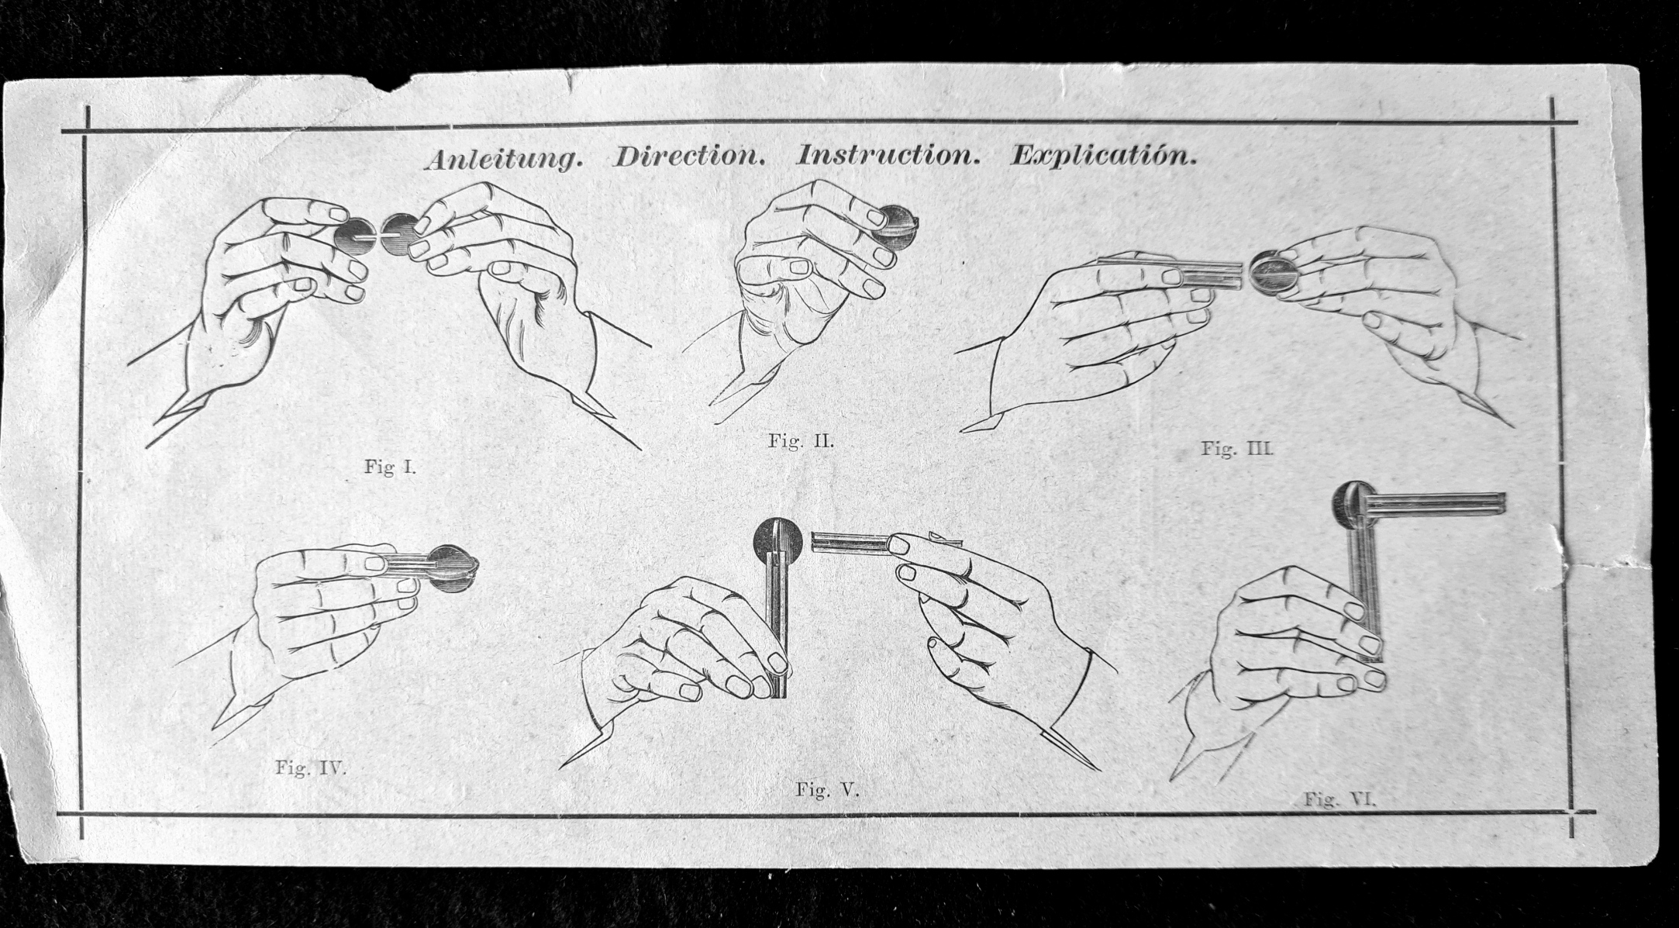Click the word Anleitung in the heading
tap(504, 158)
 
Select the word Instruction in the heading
tap(888, 155)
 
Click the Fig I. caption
tap(390, 467)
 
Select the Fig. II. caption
tap(801, 441)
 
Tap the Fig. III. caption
tap(1238, 448)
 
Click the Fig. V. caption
tap(828, 790)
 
